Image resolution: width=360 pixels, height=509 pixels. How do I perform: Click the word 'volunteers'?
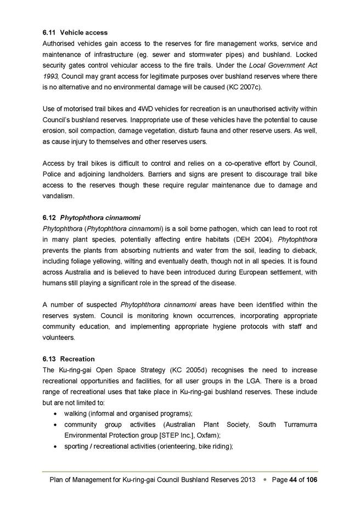coord(58,338)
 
